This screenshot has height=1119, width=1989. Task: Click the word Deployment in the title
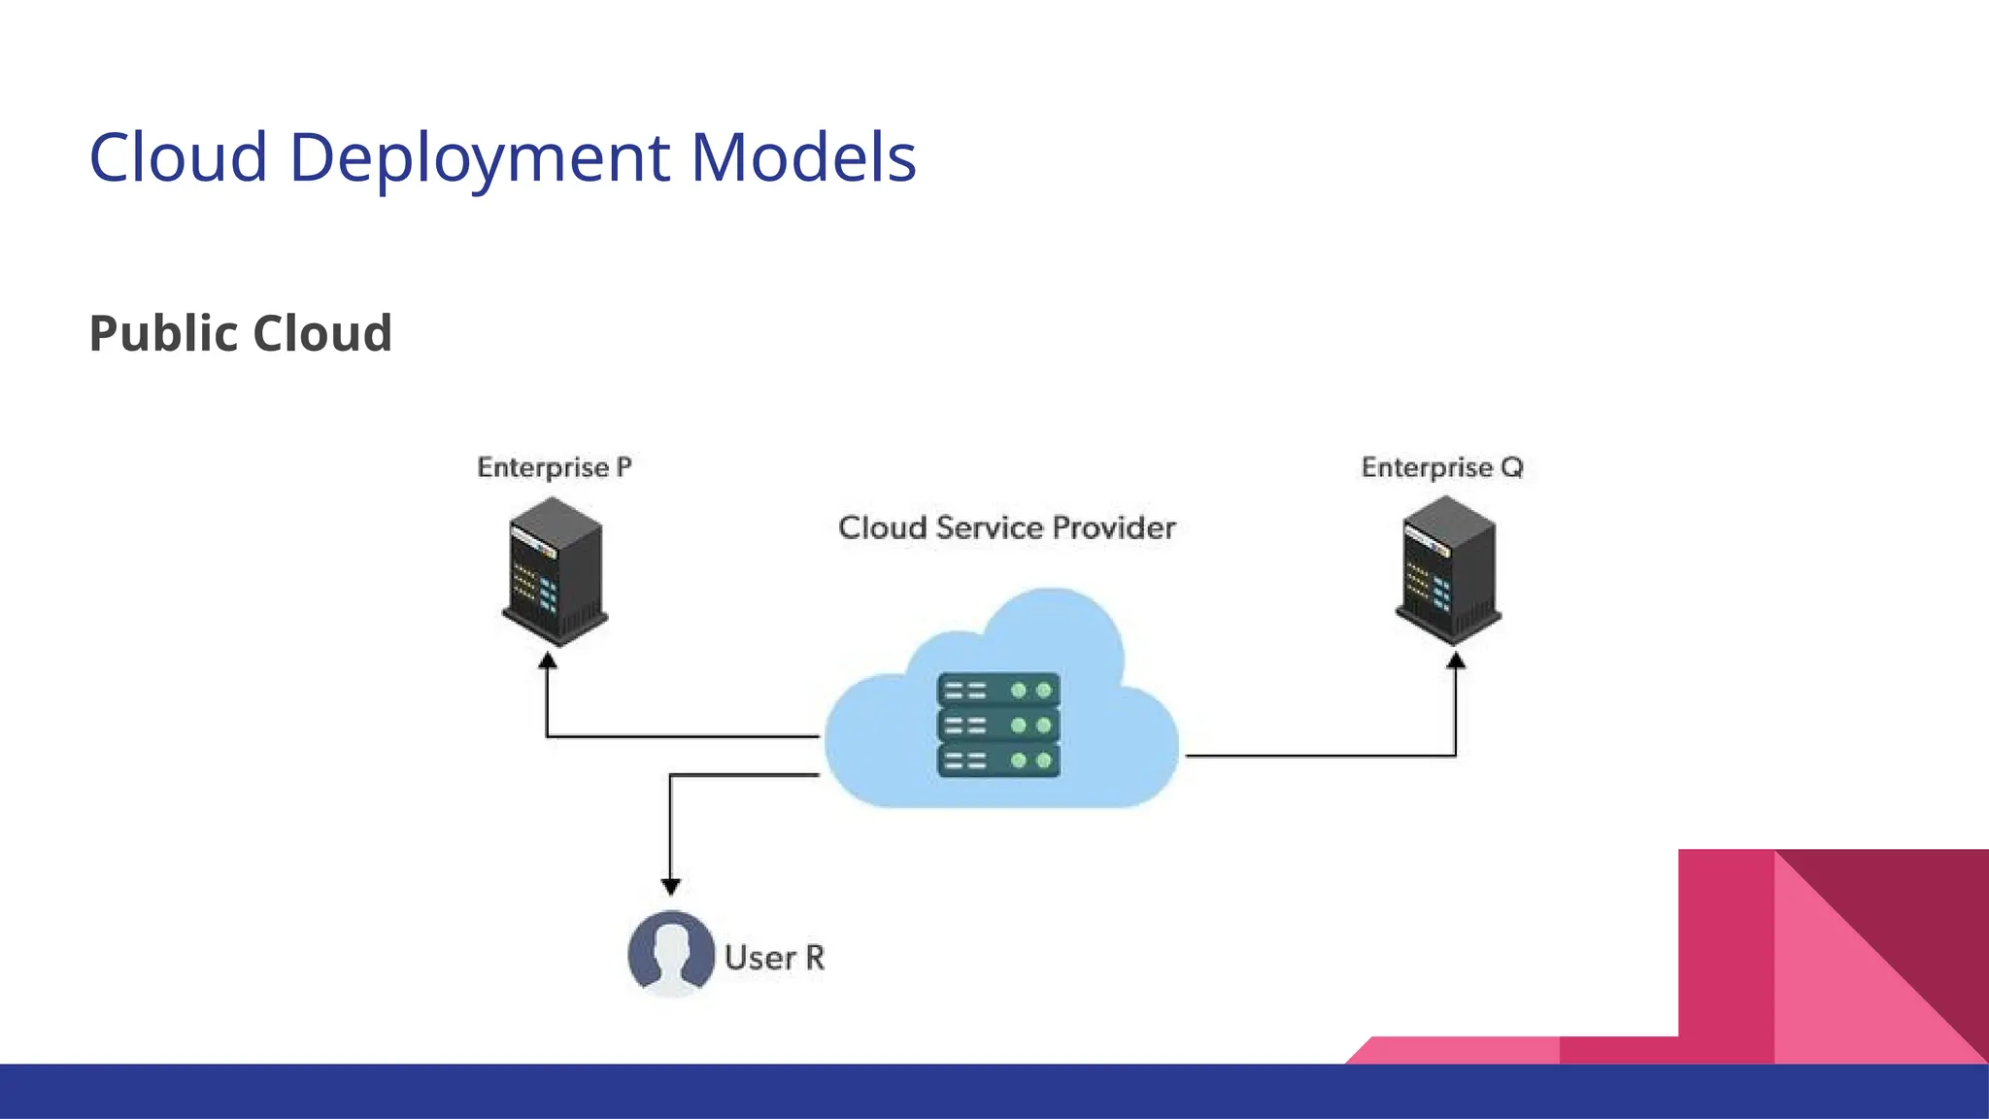[x=480, y=158]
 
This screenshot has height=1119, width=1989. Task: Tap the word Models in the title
[x=803, y=158]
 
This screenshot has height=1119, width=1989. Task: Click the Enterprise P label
[x=554, y=468]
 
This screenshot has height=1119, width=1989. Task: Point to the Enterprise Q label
[x=1442, y=468]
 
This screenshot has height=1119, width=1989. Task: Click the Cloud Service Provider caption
[x=1006, y=528]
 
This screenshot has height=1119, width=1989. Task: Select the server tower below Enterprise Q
[x=1448, y=570]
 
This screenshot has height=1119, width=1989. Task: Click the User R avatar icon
[x=671, y=954]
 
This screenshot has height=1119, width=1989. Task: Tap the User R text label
[x=774, y=958]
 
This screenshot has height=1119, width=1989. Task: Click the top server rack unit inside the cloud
[x=998, y=691]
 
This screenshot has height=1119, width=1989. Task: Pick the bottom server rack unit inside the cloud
[x=998, y=760]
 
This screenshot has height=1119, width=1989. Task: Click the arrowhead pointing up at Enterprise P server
[x=548, y=661]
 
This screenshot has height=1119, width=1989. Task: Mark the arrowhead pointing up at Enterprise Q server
[x=1455, y=661]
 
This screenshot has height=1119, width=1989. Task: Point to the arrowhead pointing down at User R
[x=670, y=886]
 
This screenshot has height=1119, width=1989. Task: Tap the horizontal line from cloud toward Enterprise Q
[x=1321, y=755]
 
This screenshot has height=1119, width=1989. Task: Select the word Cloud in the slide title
[x=179, y=158]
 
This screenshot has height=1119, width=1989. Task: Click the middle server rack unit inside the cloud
[x=998, y=726]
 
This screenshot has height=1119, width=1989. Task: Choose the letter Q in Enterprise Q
[x=1511, y=468]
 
